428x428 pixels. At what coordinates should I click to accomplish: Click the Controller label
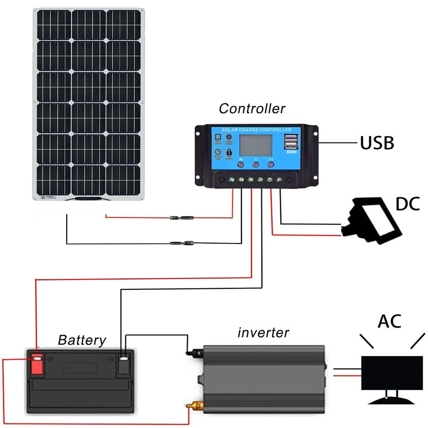252,108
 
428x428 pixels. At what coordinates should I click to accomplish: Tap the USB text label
377,143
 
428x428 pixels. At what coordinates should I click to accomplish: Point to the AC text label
389,321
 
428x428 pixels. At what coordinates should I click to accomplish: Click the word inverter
263,333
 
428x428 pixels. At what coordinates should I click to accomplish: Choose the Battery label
82,340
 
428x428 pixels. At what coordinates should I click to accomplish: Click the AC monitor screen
392,372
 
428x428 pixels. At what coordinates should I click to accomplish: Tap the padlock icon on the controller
229,152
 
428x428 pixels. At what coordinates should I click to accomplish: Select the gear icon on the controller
228,137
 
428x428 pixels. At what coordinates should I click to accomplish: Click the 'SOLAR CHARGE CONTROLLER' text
256,130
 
